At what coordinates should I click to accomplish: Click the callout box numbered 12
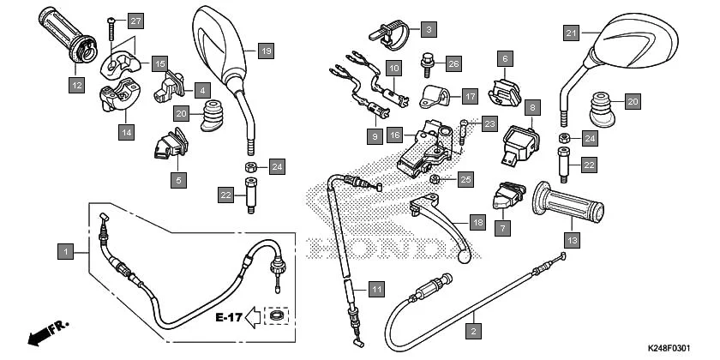pyautogui.click(x=78, y=85)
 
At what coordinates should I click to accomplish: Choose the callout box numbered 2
pyautogui.click(x=472, y=327)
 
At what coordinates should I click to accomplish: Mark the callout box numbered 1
pyautogui.click(x=64, y=252)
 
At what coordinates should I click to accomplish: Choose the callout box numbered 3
pyautogui.click(x=426, y=29)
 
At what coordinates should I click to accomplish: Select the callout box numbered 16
pyautogui.click(x=395, y=135)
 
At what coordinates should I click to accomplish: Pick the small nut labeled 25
pyautogui.click(x=436, y=178)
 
